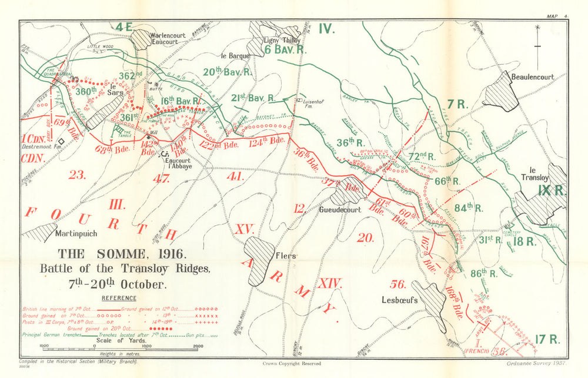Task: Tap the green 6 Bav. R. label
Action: pos(286,50)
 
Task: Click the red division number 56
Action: pos(398,285)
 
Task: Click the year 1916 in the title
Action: pos(167,255)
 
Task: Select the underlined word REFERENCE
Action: pos(119,298)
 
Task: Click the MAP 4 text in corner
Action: pos(556,16)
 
